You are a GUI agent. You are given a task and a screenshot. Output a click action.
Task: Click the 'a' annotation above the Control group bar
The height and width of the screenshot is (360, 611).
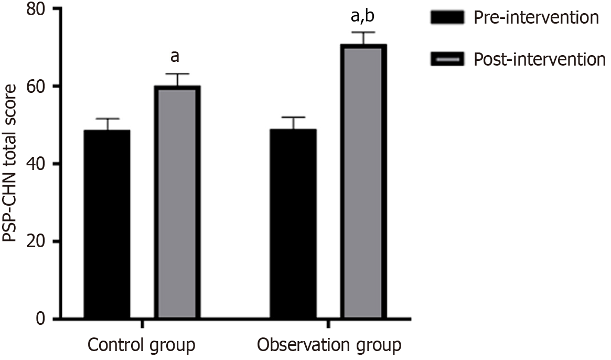coord(177,57)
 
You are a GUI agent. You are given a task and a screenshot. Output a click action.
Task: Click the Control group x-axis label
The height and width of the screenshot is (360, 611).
coord(142,345)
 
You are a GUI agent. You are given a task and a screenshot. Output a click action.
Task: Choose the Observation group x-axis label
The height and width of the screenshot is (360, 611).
coord(329,345)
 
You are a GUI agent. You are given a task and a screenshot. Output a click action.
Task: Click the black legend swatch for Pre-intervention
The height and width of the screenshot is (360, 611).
coord(447,18)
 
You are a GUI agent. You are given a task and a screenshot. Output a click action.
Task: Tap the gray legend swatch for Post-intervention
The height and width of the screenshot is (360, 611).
coord(447,59)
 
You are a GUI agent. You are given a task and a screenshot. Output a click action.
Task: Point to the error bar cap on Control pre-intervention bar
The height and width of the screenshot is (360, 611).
coord(107,119)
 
